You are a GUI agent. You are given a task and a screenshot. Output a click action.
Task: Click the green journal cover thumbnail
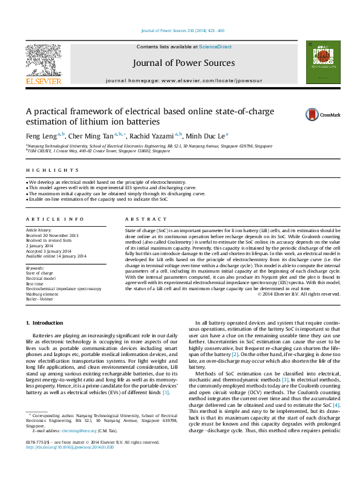(x=319, y=62)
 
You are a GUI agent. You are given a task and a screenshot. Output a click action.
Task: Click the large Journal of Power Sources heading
(x=186, y=63)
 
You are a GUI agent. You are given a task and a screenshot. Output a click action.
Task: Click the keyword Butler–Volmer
(x=39, y=299)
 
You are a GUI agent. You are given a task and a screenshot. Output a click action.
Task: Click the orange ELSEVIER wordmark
(x=43, y=81)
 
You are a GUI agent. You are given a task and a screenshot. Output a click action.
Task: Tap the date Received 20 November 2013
(x=52, y=235)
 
